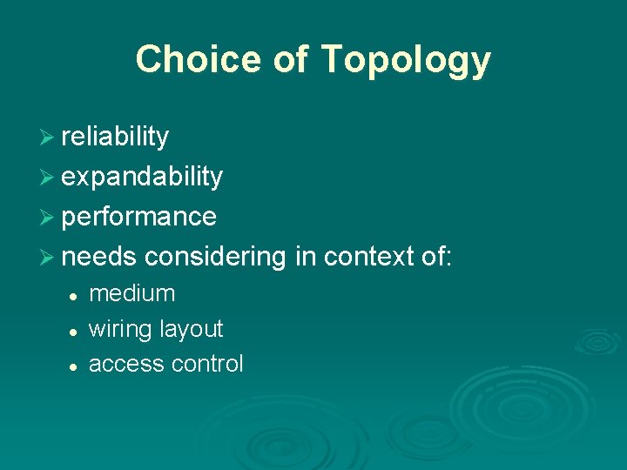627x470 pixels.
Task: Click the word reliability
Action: coord(115,137)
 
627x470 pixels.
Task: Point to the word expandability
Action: coord(142,177)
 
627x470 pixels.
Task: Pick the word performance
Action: coord(139,217)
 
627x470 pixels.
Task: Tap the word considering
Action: coord(215,257)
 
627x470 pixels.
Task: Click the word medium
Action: coord(131,294)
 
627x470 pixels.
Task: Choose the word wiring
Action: coord(120,330)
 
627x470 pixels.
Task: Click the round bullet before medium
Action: coord(76,296)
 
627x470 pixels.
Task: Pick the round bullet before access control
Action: coord(76,366)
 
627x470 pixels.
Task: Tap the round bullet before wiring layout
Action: coord(76,332)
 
